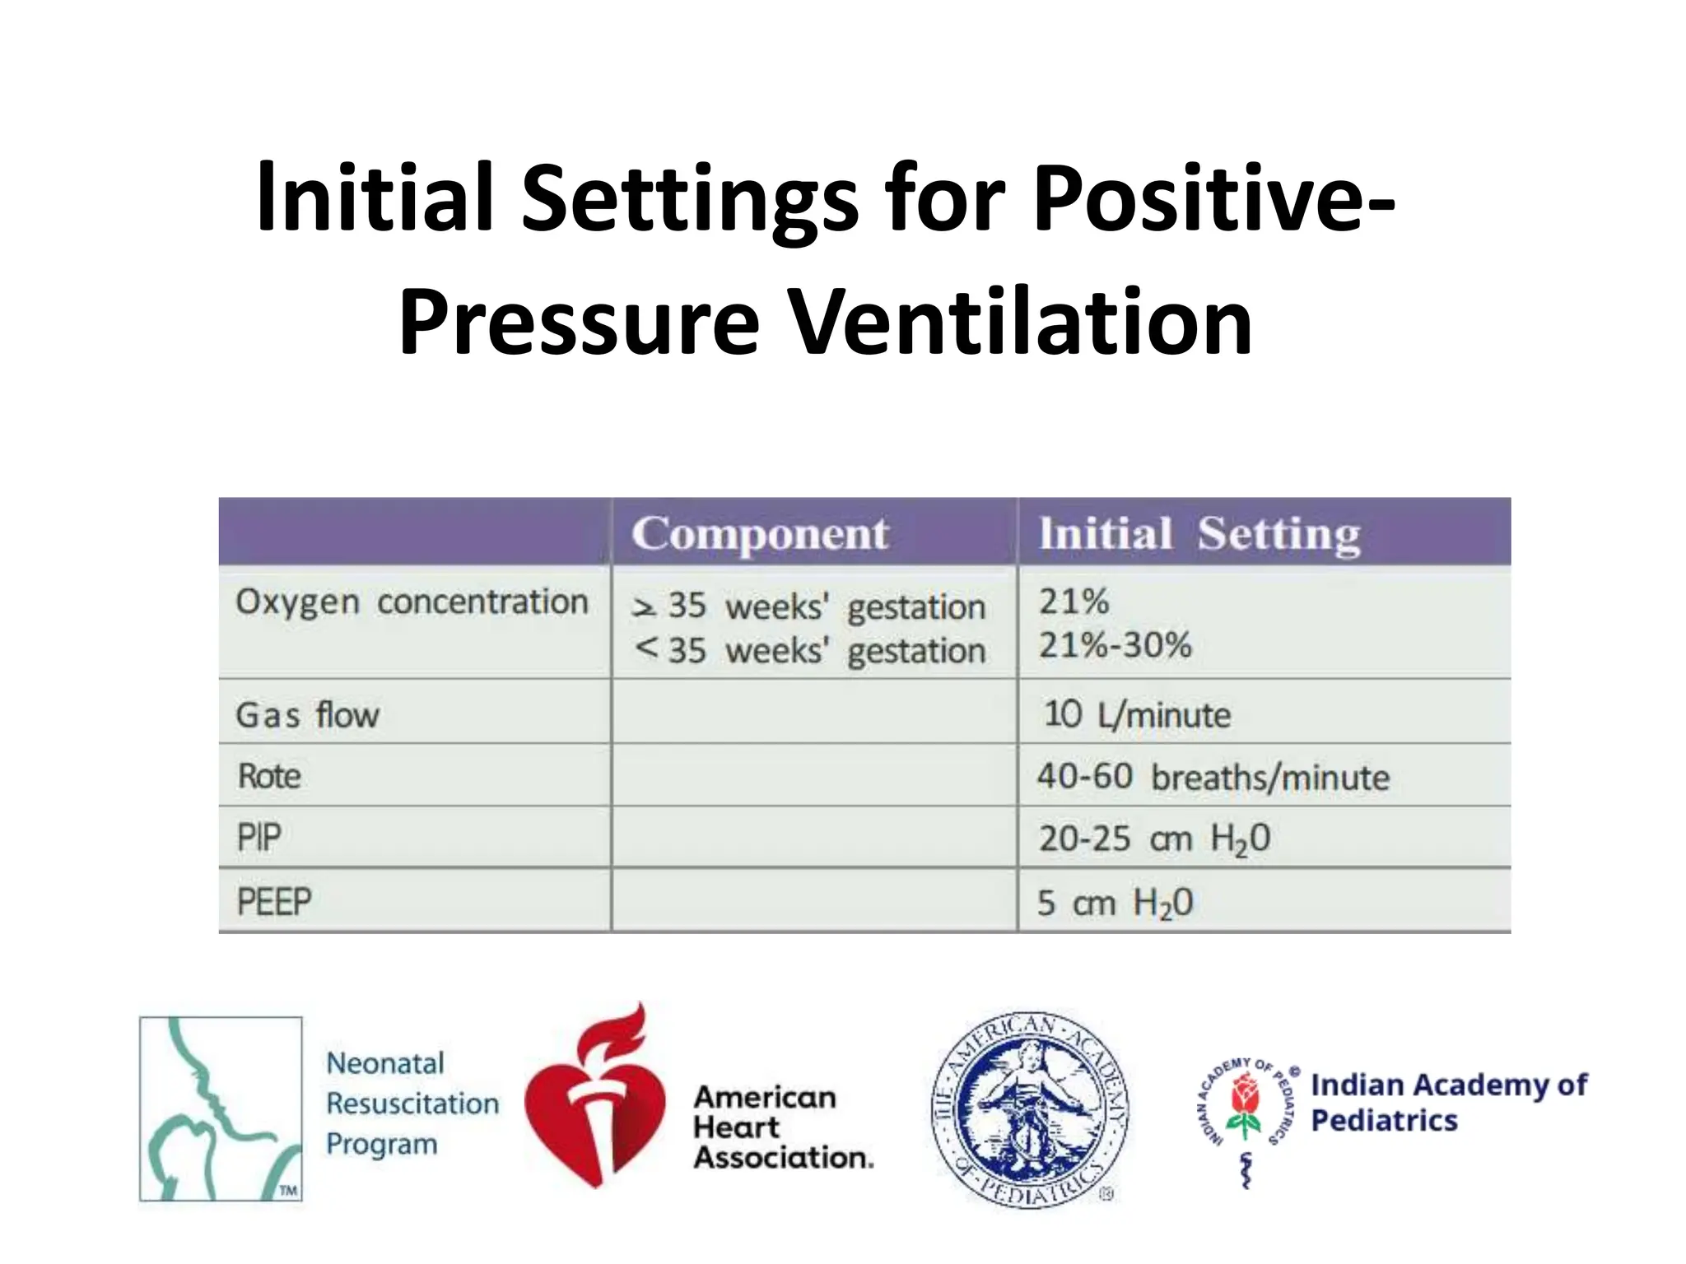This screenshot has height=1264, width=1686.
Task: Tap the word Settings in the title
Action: point(690,199)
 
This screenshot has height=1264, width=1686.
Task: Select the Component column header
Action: point(760,533)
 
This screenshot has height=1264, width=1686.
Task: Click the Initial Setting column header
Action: point(1199,533)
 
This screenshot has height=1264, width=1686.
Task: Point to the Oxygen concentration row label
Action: point(412,602)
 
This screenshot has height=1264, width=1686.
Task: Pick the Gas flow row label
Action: point(307,714)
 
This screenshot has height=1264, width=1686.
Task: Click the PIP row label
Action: point(259,838)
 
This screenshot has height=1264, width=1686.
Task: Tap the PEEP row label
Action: point(273,901)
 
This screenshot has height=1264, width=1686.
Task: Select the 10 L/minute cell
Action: point(1136,714)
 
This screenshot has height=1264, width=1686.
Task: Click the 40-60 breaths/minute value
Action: point(1212,777)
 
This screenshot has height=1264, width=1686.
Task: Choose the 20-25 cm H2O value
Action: point(1153,839)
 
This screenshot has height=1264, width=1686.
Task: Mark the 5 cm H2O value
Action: point(1114,903)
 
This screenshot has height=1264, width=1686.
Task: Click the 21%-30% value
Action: point(1114,645)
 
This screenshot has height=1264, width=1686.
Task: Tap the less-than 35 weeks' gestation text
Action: point(810,651)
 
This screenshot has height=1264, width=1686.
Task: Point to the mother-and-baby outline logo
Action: point(221,1108)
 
